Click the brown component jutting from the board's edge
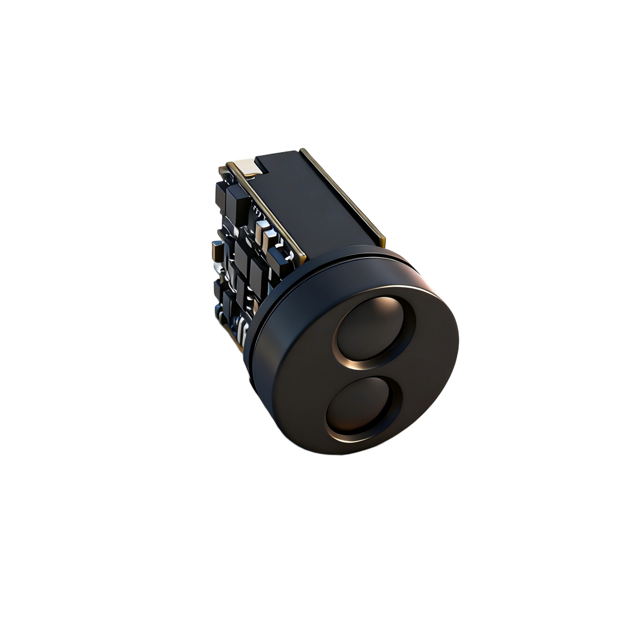pyautogui.click(x=216, y=254)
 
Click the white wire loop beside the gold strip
pyautogui.click(x=285, y=254)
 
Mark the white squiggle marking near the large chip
pyautogui.click(x=256, y=210)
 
